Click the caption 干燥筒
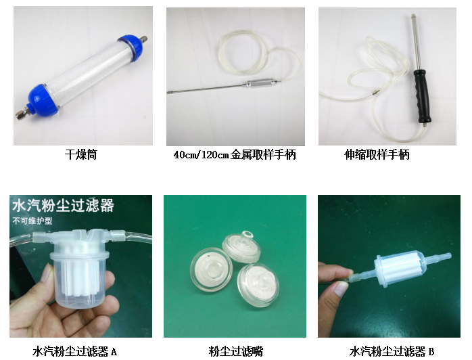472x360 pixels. (x=80, y=155)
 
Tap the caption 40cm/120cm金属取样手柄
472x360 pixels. (x=235, y=155)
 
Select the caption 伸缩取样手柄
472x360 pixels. (x=377, y=155)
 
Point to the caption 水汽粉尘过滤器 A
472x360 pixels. (x=74, y=351)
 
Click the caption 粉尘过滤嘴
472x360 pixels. (x=236, y=351)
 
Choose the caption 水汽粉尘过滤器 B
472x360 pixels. (x=392, y=351)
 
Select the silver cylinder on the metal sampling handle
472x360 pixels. (x=258, y=83)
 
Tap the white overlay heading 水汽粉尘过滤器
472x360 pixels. (x=63, y=206)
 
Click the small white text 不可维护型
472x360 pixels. (x=32, y=221)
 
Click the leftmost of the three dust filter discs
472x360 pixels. (x=211, y=269)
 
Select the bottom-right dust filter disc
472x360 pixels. (x=258, y=285)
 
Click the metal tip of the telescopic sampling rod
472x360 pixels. (x=414, y=16)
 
